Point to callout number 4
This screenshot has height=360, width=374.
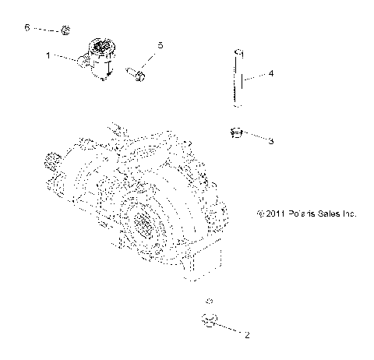tap(270, 75)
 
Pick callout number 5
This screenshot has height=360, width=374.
tap(161, 46)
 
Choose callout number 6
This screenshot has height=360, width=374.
tap(26, 27)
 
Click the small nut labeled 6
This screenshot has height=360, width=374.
tap(66, 31)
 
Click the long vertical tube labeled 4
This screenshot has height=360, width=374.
tap(239, 82)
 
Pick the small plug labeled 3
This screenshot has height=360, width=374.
tap(236, 134)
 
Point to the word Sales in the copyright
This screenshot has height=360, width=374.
tap(323, 212)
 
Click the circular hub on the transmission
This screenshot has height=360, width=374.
tap(146, 224)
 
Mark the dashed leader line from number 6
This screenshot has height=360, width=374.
tap(46, 30)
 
